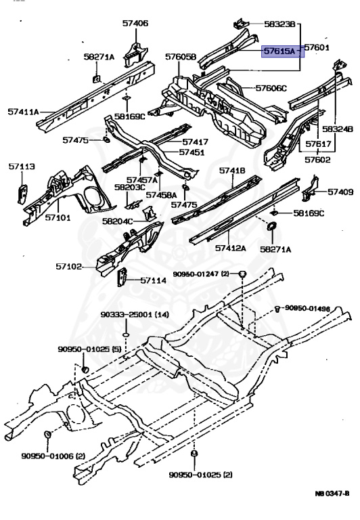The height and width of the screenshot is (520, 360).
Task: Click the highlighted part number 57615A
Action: (279, 51)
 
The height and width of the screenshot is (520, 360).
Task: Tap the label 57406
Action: (135, 23)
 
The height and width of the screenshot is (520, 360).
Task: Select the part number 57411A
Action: (23, 112)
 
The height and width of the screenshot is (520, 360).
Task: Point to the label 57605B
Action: (181, 57)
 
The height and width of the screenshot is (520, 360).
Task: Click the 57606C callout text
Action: (271, 88)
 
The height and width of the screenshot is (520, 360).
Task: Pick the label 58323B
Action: (279, 24)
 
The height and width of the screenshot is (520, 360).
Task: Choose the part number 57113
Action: (22, 166)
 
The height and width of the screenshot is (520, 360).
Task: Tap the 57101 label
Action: (58, 217)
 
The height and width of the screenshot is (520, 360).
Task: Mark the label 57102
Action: (68, 266)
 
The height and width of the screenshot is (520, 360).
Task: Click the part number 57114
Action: (154, 280)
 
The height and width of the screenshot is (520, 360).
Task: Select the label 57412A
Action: (230, 248)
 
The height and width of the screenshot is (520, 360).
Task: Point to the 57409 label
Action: (340, 192)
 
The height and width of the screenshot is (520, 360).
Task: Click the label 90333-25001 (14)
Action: (135, 314)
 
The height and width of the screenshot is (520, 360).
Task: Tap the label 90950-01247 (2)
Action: (201, 274)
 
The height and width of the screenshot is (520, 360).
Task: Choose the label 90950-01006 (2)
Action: (53, 456)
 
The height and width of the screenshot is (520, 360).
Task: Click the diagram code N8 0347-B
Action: (332, 493)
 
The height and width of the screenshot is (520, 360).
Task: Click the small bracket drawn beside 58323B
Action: (241, 24)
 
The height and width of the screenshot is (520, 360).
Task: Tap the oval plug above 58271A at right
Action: (271, 227)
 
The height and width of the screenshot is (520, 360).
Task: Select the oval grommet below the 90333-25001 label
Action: (126, 335)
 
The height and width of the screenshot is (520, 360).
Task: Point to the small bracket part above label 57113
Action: (22, 194)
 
